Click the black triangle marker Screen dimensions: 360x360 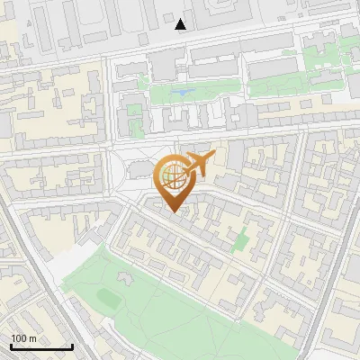(181, 24)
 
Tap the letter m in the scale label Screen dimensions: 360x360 (32, 338)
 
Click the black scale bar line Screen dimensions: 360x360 (41, 347)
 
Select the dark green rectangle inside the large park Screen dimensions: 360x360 (108, 296)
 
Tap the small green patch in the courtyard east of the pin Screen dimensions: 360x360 (240, 241)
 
